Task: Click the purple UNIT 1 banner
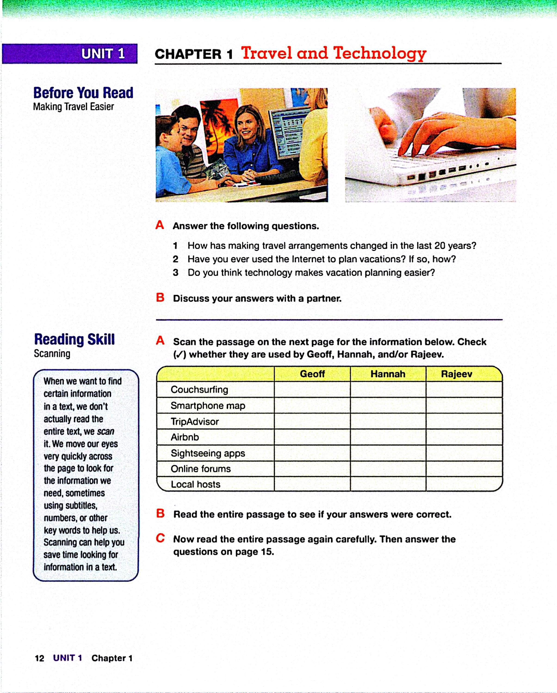coord(70,54)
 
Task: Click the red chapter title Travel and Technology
coord(334,53)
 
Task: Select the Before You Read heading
coord(83,93)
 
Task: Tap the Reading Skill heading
coord(74,339)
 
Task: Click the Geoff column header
coord(312,374)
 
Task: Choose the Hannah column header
coord(388,374)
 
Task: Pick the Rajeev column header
coord(456,374)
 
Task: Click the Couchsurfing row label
coord(199,389)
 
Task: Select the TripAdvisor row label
coord(195,421)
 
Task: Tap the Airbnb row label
coord(185,437)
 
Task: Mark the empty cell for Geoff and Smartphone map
coord(312,405)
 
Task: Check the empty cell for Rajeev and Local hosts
coord(464,484)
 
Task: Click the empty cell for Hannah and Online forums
coord(388,469)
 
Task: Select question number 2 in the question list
coord(175,259)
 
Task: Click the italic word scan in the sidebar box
coord(105,431)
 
